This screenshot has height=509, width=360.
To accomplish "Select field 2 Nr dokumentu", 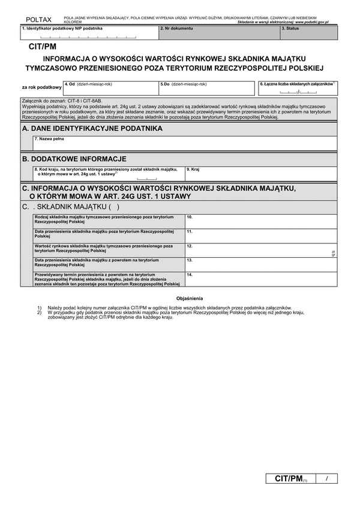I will pos(219,34).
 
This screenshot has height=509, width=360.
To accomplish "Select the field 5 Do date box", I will pos(208,89).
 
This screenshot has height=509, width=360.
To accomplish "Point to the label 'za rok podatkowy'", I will pos(42,88).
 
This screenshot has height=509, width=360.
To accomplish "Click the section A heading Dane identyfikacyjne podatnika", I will pos(92,128).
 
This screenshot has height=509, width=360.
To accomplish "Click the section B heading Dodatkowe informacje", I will pos(74,159).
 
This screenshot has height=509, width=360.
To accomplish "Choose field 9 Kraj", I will pos(261,174).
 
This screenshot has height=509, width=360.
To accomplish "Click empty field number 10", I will pos(261,221).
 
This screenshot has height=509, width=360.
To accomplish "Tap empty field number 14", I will pos(261,279).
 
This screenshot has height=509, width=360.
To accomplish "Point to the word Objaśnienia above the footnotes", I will pos(190,298).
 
